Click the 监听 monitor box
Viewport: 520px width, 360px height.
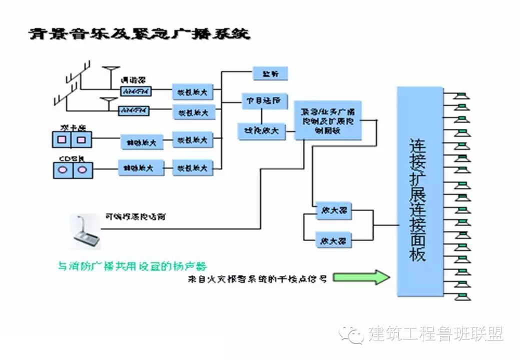[270, 73]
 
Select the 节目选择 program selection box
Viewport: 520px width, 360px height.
[264, 100]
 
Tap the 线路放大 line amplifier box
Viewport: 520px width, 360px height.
[261, 131]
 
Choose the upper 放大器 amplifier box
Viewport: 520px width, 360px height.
[334, 211]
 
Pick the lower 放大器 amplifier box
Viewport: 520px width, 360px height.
[334, 240]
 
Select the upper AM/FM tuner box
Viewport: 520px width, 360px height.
[136, 91]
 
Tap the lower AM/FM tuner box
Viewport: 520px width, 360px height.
[134, 110]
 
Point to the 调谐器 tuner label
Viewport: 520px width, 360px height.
[132, 80]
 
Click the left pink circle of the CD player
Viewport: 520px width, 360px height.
[64, 170]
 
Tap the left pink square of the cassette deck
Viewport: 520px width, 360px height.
[62, 139]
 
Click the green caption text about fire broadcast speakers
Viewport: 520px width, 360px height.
[132, 265]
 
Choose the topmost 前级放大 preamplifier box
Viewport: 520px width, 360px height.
[193, 92]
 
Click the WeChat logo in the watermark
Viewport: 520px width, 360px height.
[351, 333]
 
